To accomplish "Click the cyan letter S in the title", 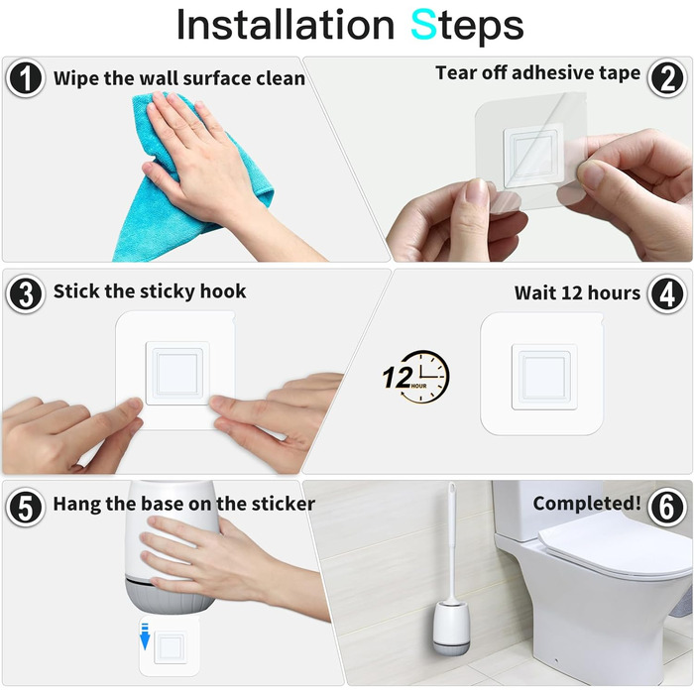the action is coord(423,25).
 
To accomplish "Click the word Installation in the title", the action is coord(286,25).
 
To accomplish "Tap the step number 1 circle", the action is coord(26,78).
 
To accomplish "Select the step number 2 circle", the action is coord(667,78).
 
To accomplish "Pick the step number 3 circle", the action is coord(26,293).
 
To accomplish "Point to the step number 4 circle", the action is coord(667,293).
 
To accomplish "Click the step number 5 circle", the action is coord(26,507).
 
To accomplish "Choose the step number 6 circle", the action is coord(667,507).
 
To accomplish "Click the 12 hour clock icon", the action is coord(416,377).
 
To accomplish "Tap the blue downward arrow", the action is coord(145,636).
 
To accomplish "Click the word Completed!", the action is coord(587,504).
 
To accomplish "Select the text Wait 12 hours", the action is coord(577,292).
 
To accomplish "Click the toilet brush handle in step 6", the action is coord(451,540).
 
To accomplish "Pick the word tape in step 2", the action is coord(620,73).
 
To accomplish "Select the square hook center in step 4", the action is coord(544,377).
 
